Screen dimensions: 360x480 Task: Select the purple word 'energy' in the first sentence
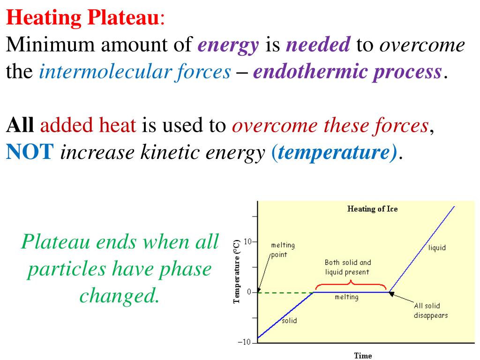228,45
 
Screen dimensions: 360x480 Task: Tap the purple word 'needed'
318,45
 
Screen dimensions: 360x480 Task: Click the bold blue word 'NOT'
30,152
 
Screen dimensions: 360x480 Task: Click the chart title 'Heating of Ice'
372,209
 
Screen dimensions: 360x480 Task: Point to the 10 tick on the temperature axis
247,242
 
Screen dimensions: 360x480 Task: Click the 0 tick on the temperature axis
249,292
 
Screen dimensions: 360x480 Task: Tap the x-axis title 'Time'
363,355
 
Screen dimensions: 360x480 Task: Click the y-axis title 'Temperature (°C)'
237,271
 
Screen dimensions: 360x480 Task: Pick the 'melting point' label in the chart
283,250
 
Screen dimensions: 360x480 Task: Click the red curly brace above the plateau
351,285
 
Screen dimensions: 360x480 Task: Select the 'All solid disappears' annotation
430,310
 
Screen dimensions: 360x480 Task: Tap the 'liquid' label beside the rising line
437,247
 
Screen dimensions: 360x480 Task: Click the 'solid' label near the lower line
289,321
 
